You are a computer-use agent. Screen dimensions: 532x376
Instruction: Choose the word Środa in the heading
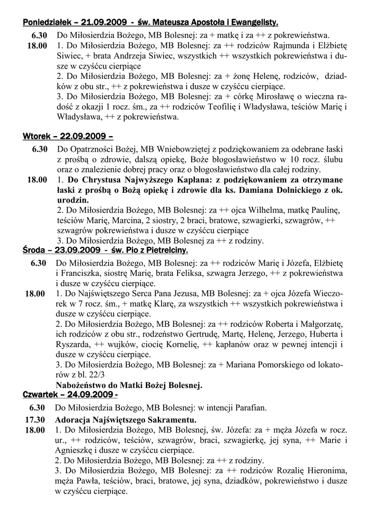[35, 250]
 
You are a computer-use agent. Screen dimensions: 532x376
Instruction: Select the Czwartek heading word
[41, 395]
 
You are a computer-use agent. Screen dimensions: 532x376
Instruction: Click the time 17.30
[34, 419]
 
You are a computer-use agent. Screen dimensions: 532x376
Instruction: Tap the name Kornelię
[180, 344]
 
